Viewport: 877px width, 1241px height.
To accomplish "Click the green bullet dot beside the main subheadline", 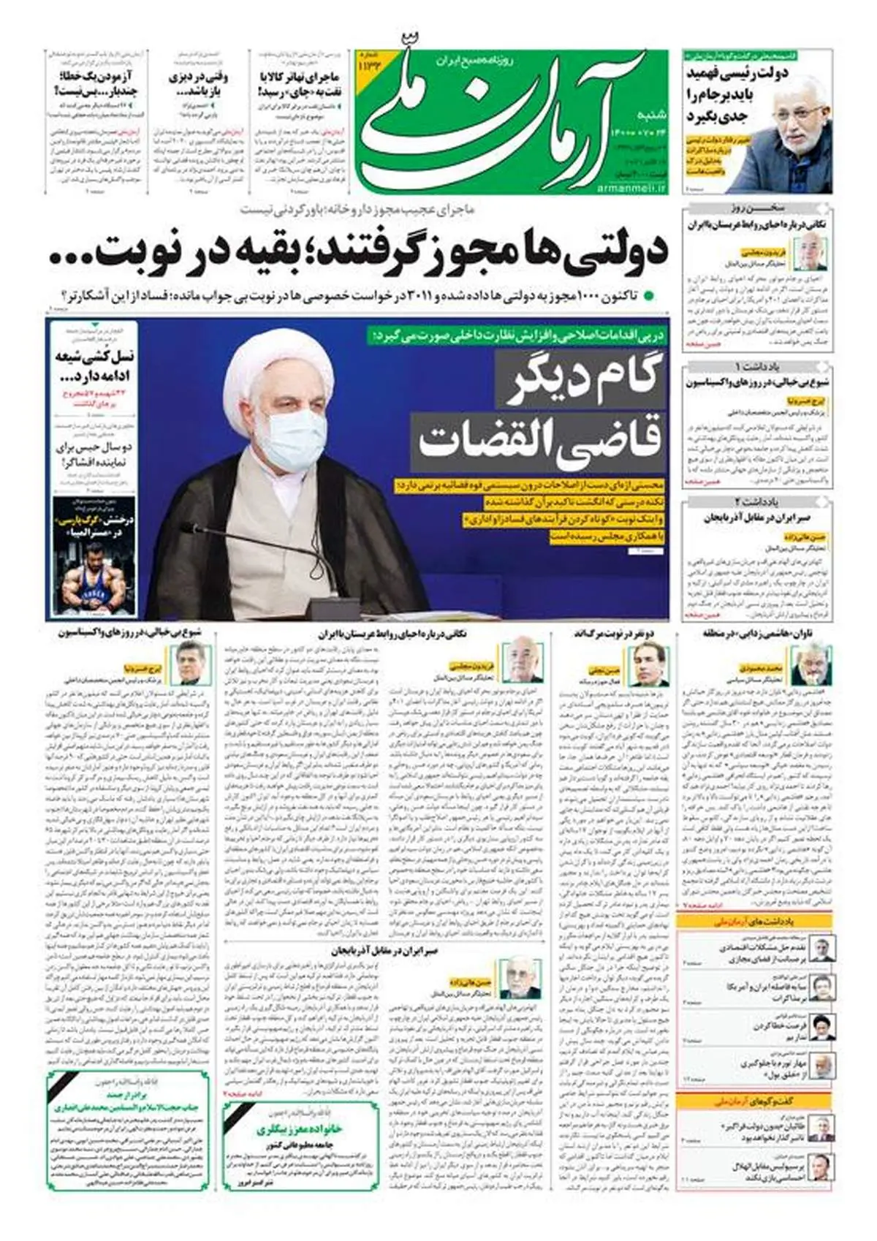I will (x=648, y=297).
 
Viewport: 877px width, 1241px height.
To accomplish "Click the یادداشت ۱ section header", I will (x=758, y=365).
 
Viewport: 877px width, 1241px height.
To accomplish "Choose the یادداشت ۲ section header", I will (x=758, y=501).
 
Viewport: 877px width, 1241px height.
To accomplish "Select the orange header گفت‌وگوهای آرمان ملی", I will (x=753, y=1101).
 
